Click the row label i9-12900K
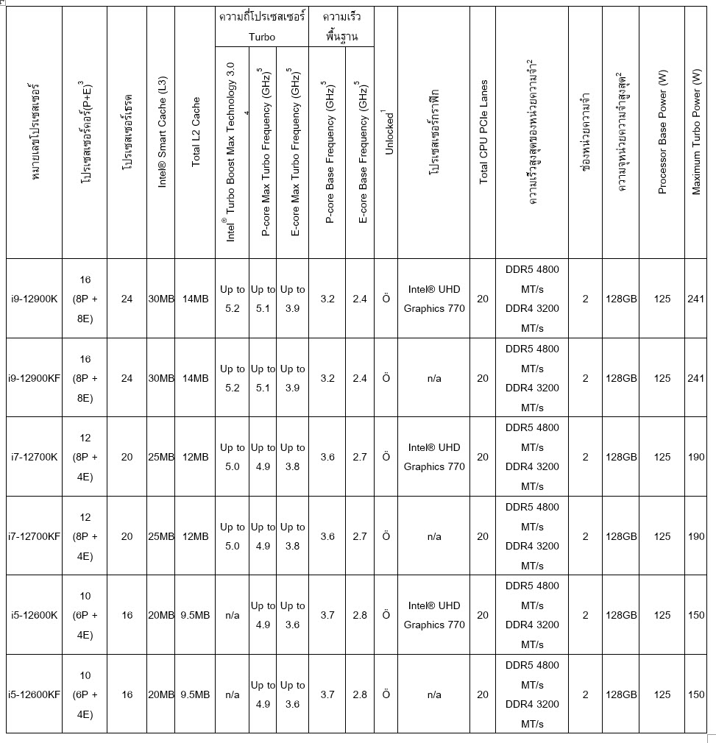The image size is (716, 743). [33, 299]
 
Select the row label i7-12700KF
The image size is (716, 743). [35, 536]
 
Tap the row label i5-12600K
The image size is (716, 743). [33, 615]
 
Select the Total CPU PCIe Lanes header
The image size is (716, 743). [483, 132]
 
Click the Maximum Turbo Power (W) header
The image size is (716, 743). [696, 132]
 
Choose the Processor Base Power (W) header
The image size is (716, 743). [662, 132]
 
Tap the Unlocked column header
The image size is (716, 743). [387, 132]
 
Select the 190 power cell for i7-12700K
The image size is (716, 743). [695, 457]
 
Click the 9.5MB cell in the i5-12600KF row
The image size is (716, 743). [195, 694]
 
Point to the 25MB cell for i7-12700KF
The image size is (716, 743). [161, 536]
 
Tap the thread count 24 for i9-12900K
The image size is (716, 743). [127, 299]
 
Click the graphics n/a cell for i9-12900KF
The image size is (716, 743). [434, 378]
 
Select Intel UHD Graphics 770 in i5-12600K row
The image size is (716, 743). [434, 615]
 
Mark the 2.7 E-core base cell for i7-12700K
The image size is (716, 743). [359, 457]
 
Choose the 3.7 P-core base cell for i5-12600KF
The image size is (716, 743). [327, 694]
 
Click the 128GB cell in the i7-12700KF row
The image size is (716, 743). [621, 536]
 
